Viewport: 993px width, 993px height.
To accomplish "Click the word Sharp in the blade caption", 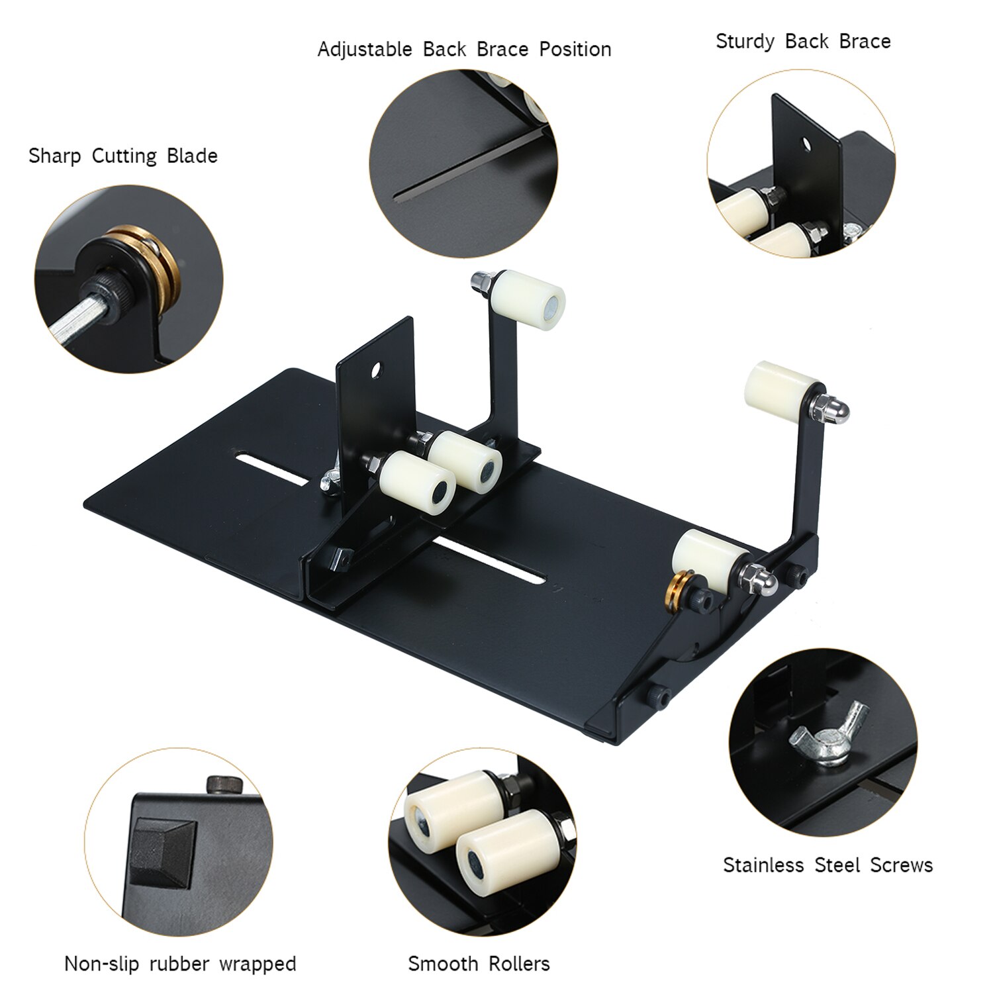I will click(x=54, y=156).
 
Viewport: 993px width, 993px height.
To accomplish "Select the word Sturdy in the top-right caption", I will click(x=745, y=42).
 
